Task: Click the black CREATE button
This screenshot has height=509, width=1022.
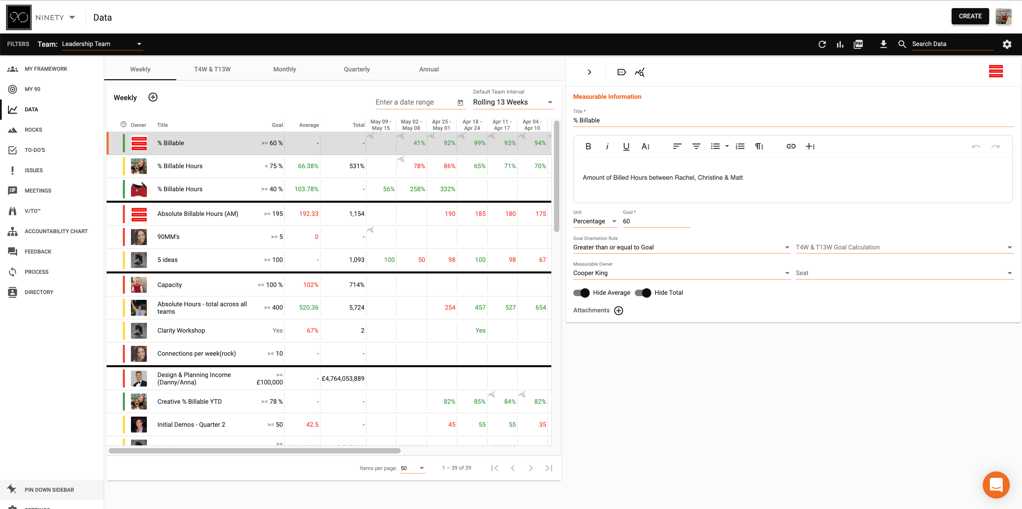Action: pyautogui.click(x=970, y=16)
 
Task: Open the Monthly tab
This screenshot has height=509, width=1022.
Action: pyautogui.click(x=285, y=69)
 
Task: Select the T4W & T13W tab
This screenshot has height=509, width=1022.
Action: pyautogui.click(x=212, y=69)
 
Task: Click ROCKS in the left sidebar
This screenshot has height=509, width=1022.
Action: pyautogui.click(x=33, y=130)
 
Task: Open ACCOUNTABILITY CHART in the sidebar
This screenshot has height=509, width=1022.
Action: pyautogui.click(x=56, y=231)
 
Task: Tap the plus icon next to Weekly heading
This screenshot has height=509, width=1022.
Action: pyautogui.click(x=153, y=97)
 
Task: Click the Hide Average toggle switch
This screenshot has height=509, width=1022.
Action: pyautogui.click(x=582, y=293)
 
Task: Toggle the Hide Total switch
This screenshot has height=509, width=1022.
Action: pyautogui.click(x=643, y=293)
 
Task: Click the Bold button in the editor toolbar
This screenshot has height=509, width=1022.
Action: pyautogui.click(x=588, y=147)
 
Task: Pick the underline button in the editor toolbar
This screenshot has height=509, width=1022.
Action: pyautogui.click(x=626, y=147)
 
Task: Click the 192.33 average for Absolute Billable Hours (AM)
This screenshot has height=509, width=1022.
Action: pyautogui.click(x=308, y=214)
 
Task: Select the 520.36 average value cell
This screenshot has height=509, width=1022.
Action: pyautogui.click(x=308, y=307)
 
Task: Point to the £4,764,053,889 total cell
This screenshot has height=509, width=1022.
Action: pyautogui.click(x=343, y=378)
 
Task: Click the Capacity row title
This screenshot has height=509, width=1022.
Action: pyautogui.click(x=170, y=285)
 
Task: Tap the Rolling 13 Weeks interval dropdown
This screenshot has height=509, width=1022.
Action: pyautogui.click(x=513, y=102)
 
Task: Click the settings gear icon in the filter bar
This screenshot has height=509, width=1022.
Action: pyautogui.click(x=1006, y=44)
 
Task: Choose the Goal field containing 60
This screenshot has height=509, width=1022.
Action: pyautogui.click(x=656, y=221)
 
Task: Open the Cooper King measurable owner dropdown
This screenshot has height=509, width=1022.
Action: pyautogui.click(x=681, y=273)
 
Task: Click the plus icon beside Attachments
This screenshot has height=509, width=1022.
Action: pyautogui.click(x=619, y=311)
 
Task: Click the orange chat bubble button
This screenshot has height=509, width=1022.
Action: pyautogui.click(x=996, y=485)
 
